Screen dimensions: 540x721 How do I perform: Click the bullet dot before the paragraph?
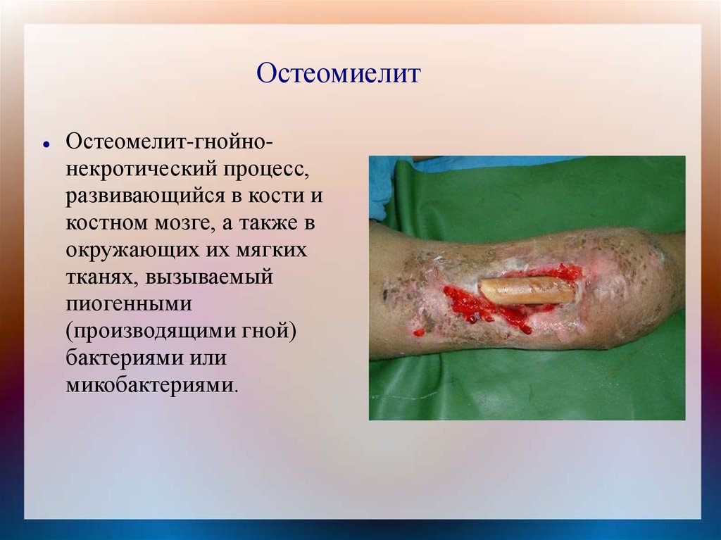pos(45,144)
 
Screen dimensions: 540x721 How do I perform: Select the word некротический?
pos(142,170)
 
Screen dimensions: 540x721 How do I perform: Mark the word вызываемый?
pos(209,277)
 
